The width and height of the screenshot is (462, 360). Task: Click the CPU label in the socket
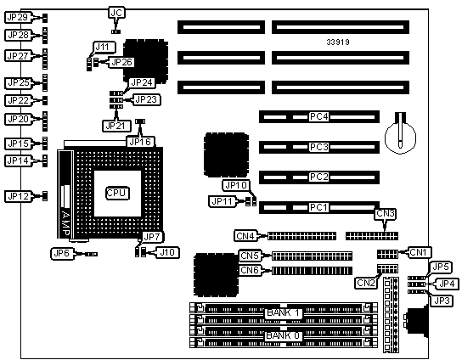click(x=117, y=193)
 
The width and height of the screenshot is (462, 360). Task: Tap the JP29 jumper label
click(x=18, y=17)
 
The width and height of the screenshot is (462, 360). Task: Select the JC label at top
click(x=116, y=13)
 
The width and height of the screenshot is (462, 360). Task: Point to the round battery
click(x=400, y=138)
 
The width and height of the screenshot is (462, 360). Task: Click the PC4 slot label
click(x=318, y=116)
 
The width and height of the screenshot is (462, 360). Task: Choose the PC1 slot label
click(x=318, y=207)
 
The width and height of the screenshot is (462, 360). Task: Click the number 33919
click(x=338, y=42)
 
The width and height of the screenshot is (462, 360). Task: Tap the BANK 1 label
click(x=283, y=312)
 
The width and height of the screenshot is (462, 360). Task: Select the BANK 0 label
click(x=283, y=335)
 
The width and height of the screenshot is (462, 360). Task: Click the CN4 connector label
click(x=245, y=236)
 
